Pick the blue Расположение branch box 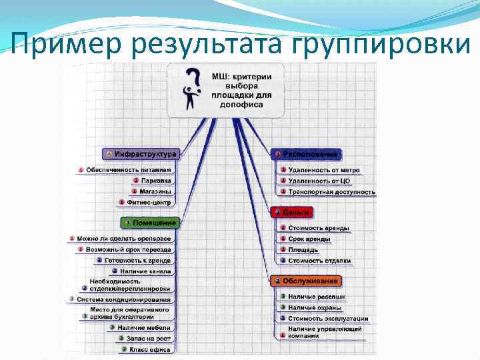coord(306,154)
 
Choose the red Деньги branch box coord(291,212)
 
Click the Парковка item coord(155,180)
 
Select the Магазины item coord(155,191)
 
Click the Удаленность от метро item coord(323,170)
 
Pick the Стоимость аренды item coord(318,228)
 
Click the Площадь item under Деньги coord(303,249)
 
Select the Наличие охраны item coord(315,307)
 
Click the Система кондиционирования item coord(123,299)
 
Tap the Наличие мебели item coord(143,327)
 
